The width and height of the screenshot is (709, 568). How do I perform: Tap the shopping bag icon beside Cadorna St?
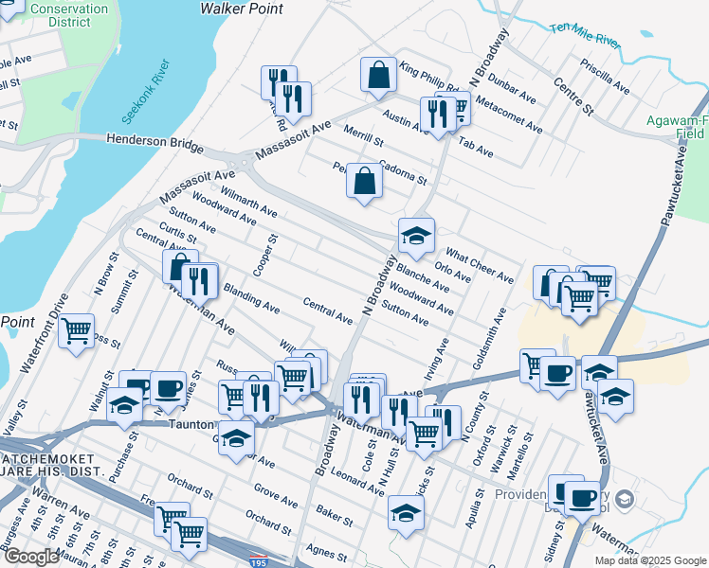[x=365, y=181]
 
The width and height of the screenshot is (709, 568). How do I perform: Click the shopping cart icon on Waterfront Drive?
[x=76, y=332]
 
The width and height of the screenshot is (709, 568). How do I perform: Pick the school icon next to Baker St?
[x=406, y=515]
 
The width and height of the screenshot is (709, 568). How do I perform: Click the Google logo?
[x=30, y=557]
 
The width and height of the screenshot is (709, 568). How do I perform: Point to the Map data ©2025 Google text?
[x=650, y=560]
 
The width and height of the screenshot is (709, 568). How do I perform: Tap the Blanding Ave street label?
[x=251, y=300]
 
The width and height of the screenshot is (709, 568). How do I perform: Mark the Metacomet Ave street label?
[x=510, y=113]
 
